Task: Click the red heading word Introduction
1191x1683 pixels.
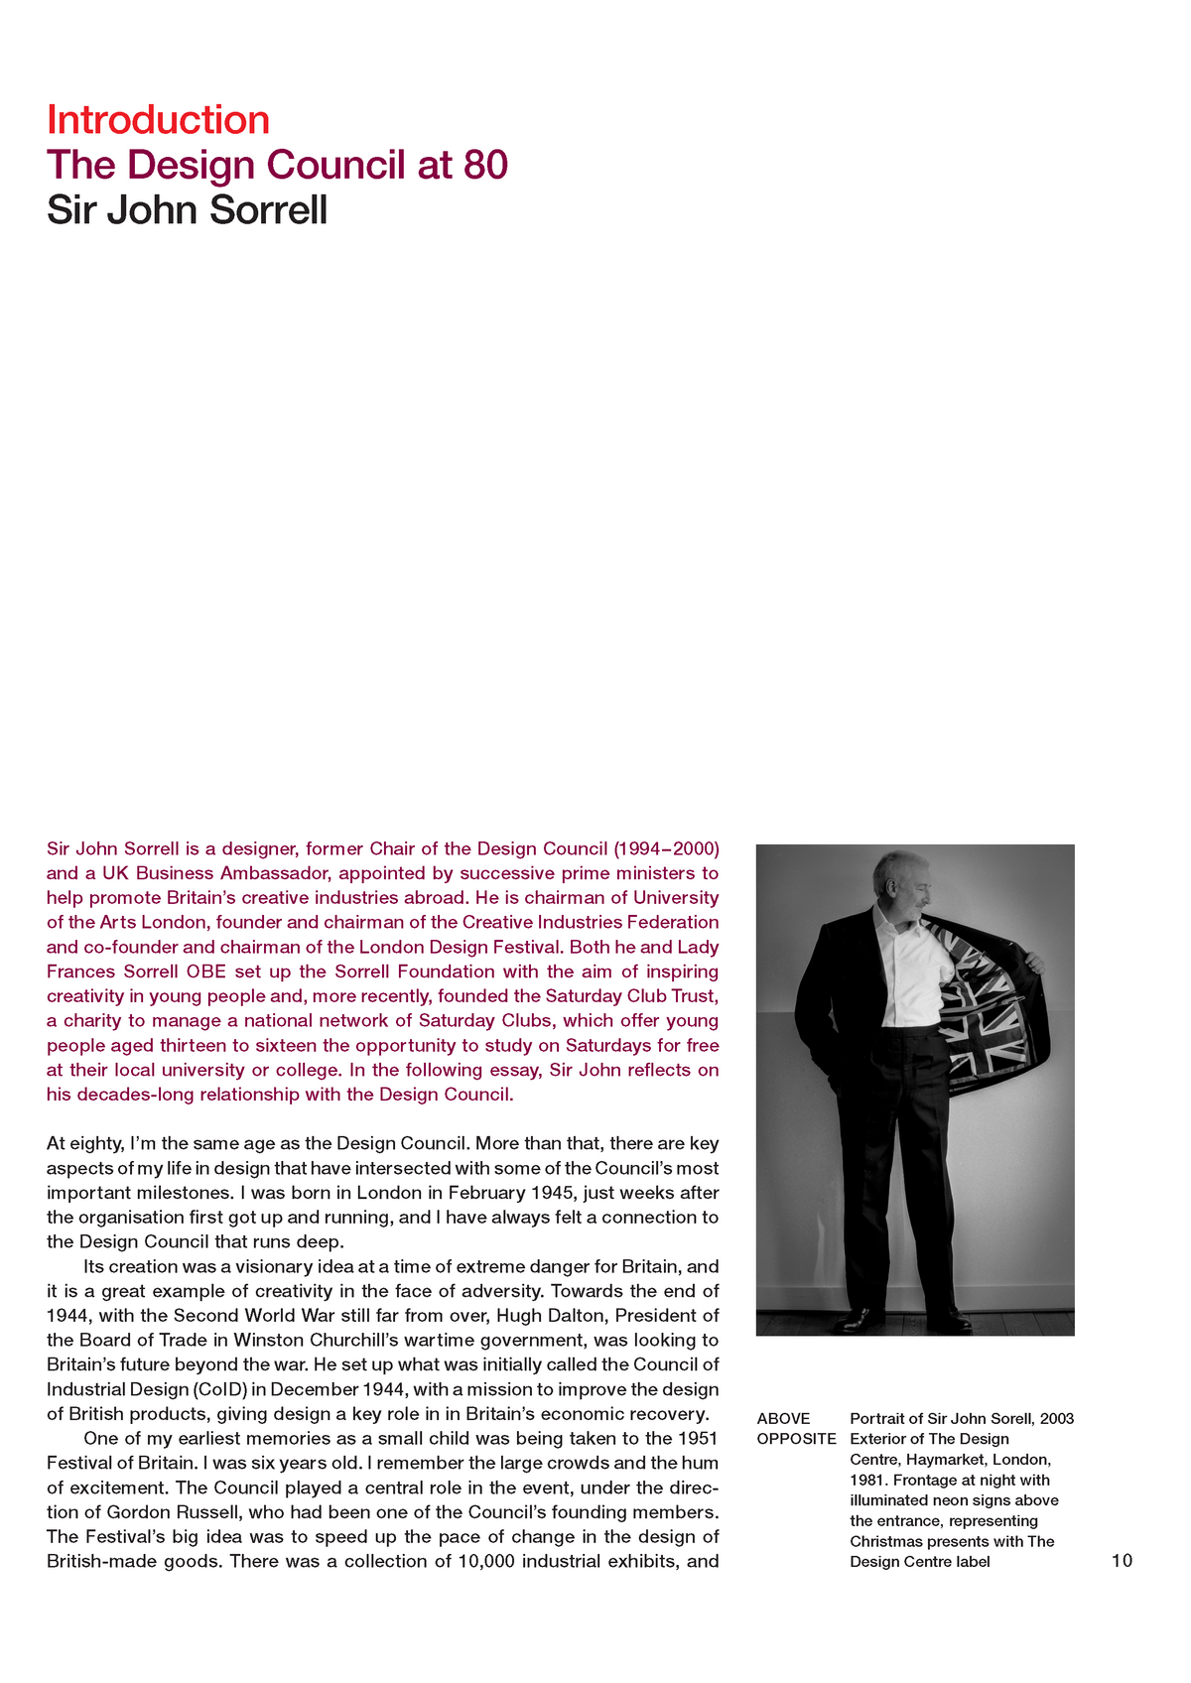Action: pyautogui.click(x=158, y=120)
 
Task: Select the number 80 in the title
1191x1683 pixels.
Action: pyautogui.click(x=485, y=165)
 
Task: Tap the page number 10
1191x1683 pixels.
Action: pyautogui.click(x=1122, y=1561)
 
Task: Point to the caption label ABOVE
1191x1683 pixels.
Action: pyautogui.click(x=783, y=1419)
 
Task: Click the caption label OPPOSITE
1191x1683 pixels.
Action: pyautogui.click(x=796, y=1439)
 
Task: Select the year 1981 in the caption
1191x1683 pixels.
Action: pyautogui.click(x=868, y=1481)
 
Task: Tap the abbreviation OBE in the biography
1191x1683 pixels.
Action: pyautogui.click(x=206, y=971)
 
